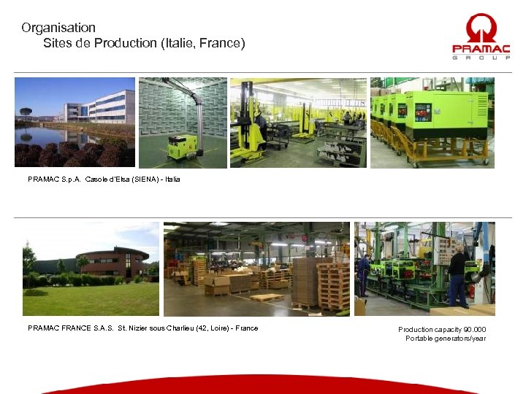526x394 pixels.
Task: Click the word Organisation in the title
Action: (58, 28)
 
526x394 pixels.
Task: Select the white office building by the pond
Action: (102, 107)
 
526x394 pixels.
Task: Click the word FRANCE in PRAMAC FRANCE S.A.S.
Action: (73, 328)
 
